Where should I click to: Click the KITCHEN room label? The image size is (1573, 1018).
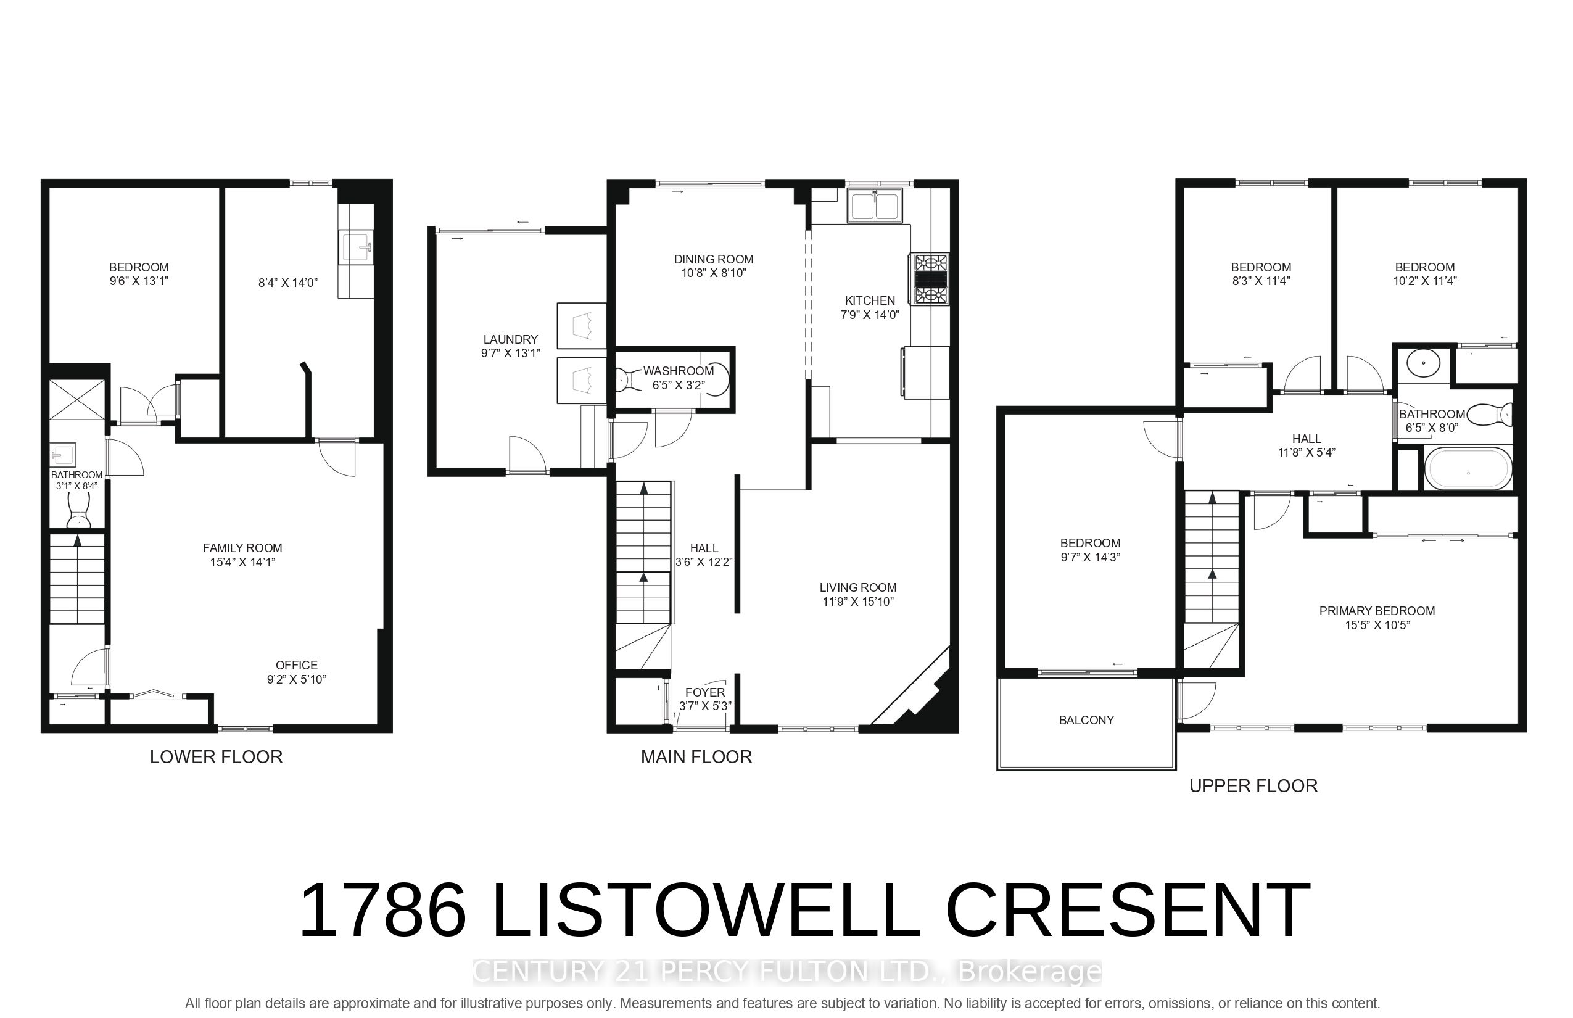(870, 301)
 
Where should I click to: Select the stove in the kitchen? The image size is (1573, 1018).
(931, 279)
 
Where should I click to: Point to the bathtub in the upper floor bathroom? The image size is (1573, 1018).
(1468, 469)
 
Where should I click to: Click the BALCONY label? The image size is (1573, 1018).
(1086, 720)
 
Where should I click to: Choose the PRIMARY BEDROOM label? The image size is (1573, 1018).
(1377, 611)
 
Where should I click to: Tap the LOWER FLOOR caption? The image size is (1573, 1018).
(216, 757)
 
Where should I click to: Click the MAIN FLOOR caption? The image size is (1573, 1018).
(696, 757)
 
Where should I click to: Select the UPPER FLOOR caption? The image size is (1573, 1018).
(1253, 786)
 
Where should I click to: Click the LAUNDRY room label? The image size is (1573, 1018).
(510, 339)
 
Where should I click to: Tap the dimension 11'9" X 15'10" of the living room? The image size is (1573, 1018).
(858, 602)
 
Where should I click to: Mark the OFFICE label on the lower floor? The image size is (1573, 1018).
(297, 665)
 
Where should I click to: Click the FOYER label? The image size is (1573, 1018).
(705, 692)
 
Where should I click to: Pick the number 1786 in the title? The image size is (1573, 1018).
(383, 910)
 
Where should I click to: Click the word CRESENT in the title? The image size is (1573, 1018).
(1128, 910)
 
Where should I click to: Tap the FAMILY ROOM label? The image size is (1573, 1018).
(242, 548)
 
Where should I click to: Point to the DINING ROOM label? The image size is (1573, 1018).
(714, 259)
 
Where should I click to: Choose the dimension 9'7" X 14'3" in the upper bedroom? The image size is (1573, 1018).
(1091, 557)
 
